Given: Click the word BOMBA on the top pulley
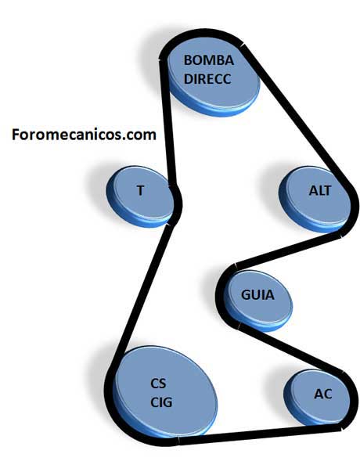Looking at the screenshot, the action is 209,60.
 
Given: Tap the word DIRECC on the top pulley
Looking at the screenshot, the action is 207,79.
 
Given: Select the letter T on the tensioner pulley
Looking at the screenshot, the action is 140,190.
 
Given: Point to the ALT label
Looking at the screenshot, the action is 319,191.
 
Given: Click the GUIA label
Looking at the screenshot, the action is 257,295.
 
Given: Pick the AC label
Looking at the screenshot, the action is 323,394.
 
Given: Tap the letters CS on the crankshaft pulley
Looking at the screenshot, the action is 158,384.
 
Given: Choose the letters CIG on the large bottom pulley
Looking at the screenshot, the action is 161,402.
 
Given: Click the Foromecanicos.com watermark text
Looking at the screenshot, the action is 84,135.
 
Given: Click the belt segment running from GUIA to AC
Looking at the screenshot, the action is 291,349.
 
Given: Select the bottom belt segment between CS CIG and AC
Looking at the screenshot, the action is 260,434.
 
